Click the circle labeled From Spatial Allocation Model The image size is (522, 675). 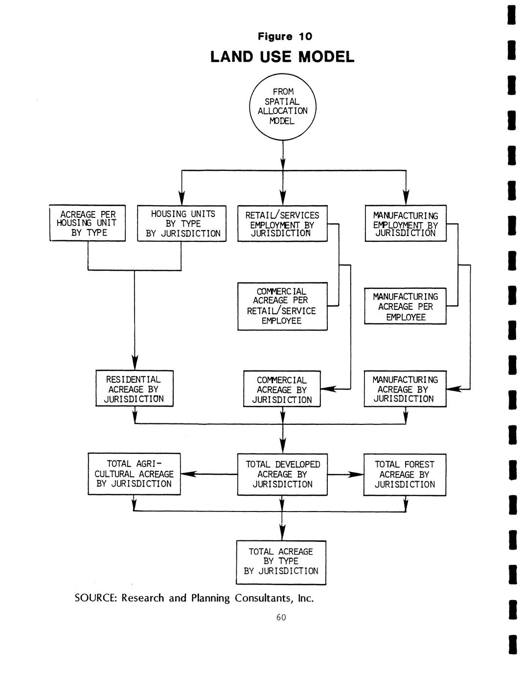[x=283, y=106]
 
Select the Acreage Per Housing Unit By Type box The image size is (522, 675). [x=88, y=223]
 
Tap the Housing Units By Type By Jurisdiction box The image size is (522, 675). [x=182, y=224]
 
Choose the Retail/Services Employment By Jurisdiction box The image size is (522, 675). [x=282, y=224]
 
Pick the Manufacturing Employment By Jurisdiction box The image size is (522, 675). [x=406, y=224]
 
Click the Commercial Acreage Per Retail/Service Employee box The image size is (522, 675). [x=282, y=306]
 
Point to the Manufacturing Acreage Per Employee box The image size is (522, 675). [x=406, y=306]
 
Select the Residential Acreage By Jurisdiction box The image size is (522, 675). [x=134, y=389]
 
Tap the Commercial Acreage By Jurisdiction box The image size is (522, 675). [x=282, y=389]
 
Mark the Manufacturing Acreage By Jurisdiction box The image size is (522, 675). [x=406, y=389]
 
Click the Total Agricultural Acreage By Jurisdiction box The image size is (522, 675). [x=134, y=474]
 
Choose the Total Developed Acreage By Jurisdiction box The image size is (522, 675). [x=282, y=474]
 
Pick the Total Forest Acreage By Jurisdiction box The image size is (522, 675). [x=405, y=474]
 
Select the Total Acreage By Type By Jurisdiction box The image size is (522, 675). [x=281, y=562]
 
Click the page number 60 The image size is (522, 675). [x=281, y=617]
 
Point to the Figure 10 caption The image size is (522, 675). [x=285, y=37]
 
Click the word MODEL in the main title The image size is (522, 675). [x=326, y=57]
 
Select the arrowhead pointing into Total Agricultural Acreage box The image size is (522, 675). [x=188, y=474]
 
